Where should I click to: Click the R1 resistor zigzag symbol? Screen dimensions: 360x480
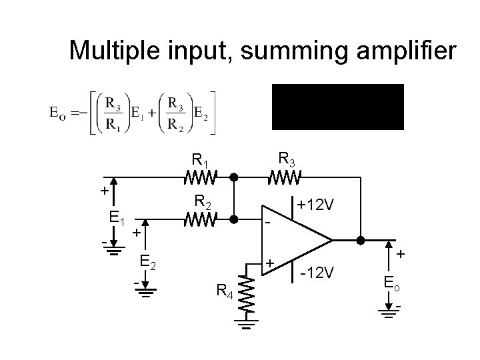point(199,179)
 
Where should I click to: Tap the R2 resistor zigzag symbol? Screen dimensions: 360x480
point(199,219)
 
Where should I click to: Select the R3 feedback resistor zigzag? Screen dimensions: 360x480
point(285,179)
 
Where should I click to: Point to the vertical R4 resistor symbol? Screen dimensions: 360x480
point(246,293)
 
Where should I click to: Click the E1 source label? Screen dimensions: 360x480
point(119,218)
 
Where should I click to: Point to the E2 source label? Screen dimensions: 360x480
point(148,262)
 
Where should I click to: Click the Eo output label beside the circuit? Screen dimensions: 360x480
point(392,283)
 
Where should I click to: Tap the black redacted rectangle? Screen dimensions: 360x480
point(337,107)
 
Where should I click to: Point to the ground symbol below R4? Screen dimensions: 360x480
point(246,325)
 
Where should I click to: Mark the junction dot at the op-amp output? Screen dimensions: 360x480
point(361,239)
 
